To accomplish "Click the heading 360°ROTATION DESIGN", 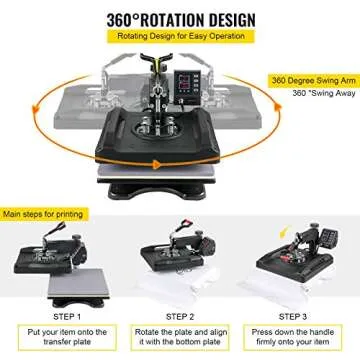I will pos(180,20).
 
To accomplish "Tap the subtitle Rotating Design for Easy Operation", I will pos(180,39).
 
